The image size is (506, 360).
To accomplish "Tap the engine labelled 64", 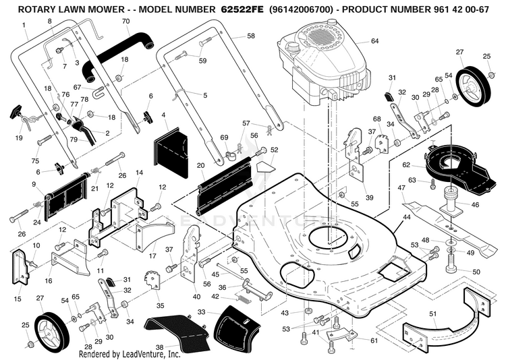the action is (x=322, y=64).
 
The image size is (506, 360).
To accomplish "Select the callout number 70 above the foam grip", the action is (x=126, y=22).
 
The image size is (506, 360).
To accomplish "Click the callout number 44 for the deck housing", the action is (x=407, y=217).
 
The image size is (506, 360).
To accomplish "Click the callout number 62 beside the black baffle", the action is (x=406, y=165).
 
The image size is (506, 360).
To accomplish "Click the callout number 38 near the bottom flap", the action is (x=159, y=347).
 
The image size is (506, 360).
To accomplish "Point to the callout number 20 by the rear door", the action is (x=200, y=165).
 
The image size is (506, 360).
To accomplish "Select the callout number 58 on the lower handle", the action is (x=251, y=36).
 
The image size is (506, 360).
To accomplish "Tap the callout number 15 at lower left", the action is (x=18, y=299).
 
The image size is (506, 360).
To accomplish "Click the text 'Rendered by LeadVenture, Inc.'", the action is (x=130, y=354).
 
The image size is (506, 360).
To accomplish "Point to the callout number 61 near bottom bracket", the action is (x=374, y=340).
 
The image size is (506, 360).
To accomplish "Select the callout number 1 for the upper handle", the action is (x=24, y=24).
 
